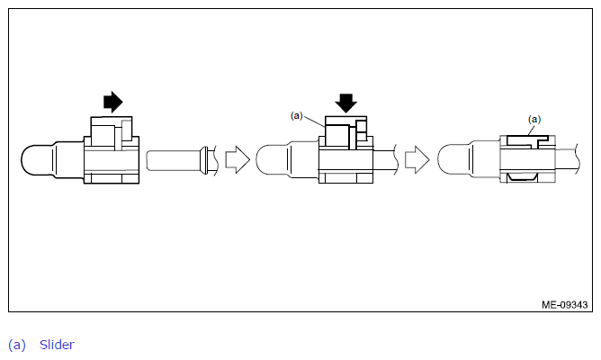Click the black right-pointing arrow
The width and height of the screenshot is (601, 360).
point(113,102)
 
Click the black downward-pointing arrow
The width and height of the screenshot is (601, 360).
point(346,103)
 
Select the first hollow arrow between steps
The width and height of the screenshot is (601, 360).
point(238,159)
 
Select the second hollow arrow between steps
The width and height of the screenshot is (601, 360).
point(417,159)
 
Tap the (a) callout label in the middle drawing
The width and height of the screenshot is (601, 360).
point(297,115)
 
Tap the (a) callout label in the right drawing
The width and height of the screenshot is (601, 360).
point(534,119)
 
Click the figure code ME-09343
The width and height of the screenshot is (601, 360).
point(565,305)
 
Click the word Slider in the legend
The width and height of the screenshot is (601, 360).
point(57,345)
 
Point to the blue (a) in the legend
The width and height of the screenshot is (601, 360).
point(17,345)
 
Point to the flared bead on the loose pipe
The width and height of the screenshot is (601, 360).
point(204,160)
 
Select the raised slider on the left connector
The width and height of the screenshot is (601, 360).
point(112,131)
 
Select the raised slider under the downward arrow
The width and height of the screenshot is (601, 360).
point(346,131)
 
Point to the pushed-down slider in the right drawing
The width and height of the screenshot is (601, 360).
point(528,140)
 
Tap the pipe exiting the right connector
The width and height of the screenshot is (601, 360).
point(568,161)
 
